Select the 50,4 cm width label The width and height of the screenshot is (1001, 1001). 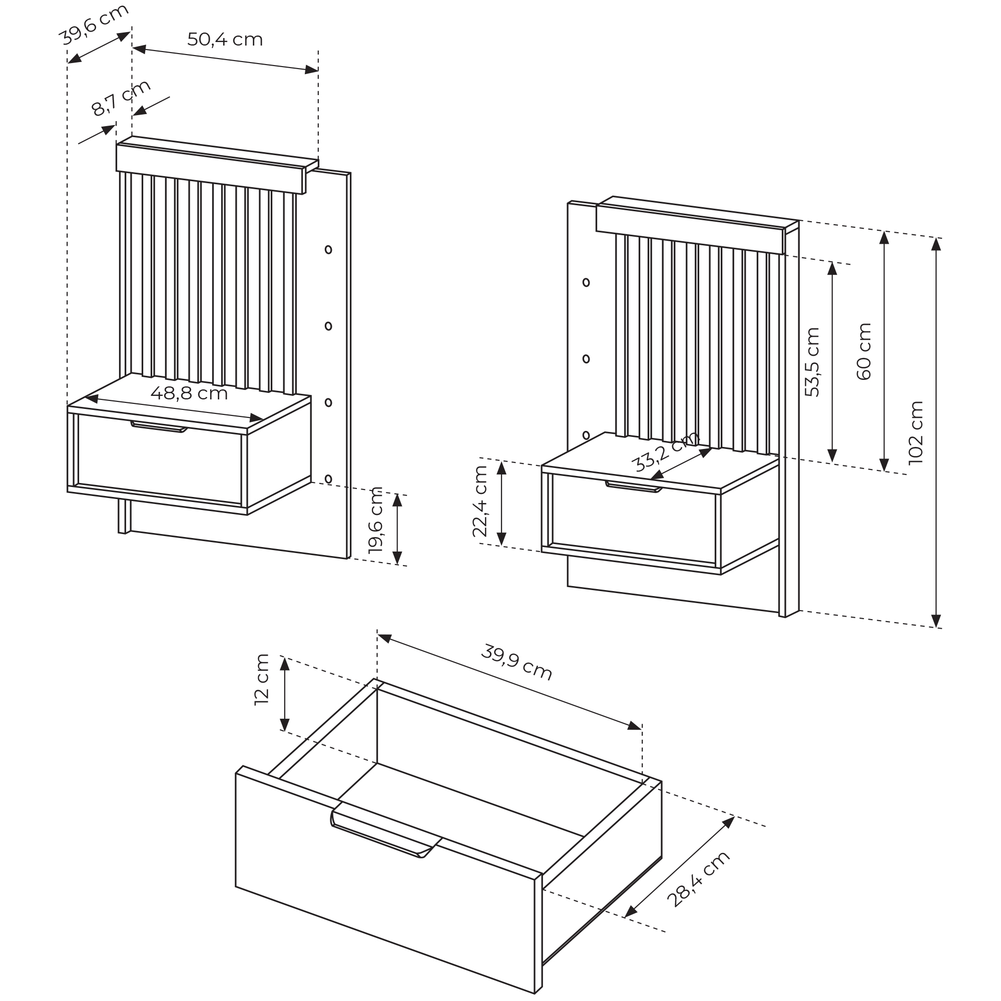click(225, 40)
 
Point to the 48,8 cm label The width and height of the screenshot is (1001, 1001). click(189, 393)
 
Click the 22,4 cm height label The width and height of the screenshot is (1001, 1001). click(480, 501)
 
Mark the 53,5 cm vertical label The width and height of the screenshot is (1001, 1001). click(812, 362)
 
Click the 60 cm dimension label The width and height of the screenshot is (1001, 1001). click(864, 352)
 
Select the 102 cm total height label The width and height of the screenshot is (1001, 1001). click(916, 432)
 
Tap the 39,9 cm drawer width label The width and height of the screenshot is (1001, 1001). click(517, 662)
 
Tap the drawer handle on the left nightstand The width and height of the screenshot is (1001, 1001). click(159, 426)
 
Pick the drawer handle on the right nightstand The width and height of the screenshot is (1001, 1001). click(634, 486)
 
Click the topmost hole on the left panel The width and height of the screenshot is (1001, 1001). click(328, 250)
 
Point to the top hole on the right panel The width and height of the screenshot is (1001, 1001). click(586, 282)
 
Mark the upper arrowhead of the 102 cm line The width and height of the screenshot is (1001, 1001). click(936, 244)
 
